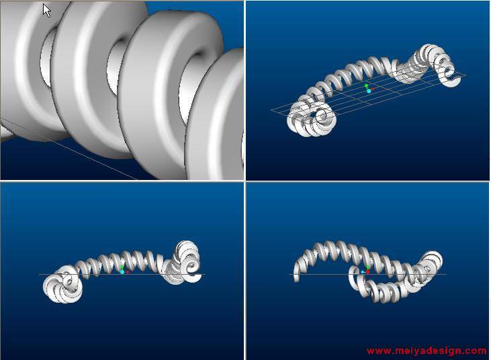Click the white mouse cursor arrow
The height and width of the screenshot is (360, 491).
pos(46,11)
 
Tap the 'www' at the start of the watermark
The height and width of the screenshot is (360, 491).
pos(375,351)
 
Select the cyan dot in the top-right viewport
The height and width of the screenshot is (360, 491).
pos(369,91)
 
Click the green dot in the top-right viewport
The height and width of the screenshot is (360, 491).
pos(366,85)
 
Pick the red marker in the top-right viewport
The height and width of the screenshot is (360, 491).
pos(373,89)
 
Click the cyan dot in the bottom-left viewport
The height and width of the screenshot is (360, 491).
pos(122,272)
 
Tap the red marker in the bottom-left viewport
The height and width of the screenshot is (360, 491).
pos(127,272)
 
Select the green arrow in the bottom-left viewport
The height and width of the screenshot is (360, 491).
pos(122,267)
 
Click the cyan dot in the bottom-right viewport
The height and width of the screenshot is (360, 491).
pos(363,272)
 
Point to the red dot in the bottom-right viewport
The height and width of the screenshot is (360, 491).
pos(368,272)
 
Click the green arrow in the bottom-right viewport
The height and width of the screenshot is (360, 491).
pos(367,267)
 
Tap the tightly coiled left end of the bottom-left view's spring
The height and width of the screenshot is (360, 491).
pos(62,284)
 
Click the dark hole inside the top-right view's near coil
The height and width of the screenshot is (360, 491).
pos(313,115)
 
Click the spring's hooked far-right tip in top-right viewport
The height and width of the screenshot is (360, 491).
pos(453,80)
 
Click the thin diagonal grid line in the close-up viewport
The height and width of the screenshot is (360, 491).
pos(69,149)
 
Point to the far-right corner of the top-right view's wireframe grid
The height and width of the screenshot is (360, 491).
pos(465,75)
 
